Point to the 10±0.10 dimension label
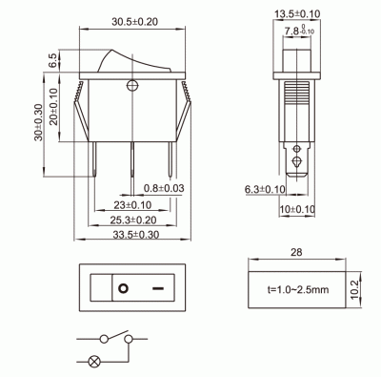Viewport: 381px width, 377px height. (x=296, y=209)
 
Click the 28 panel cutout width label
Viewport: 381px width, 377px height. (x=295, y=253)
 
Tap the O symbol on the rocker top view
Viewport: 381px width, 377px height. (x=123, y=286)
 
